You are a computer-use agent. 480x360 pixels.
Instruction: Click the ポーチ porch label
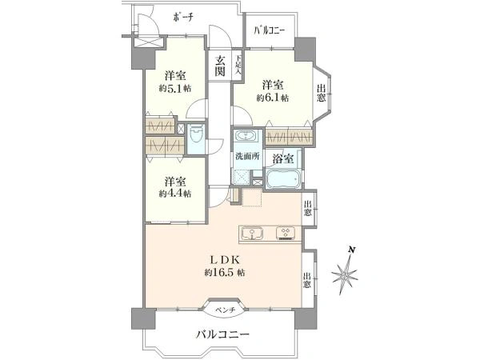(x=183, y=17)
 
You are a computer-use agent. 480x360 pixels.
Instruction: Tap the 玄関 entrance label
(x=219, y=66)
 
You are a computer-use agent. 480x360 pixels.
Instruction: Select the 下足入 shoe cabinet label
(x=238, y=66)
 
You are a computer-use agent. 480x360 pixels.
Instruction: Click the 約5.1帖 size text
(x=175, y=89)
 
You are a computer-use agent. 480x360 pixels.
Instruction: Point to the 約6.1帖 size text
(x=272, y=98)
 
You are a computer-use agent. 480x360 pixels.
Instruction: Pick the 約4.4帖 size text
(x=175, y=194)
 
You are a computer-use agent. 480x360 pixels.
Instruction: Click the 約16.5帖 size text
(x=225, y=272)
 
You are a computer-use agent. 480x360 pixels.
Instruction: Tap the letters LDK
(x=224, y=260)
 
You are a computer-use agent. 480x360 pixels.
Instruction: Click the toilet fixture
(x=196, y=136)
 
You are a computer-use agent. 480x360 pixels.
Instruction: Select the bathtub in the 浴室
(x=283, y=179)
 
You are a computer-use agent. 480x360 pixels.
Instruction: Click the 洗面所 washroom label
(x=247, y=157)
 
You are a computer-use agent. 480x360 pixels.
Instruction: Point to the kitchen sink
(x=252, y=234)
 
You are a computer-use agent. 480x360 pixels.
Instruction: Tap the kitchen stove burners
(x=285, y=233)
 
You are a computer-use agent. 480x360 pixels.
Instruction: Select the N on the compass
(x=352, y=250)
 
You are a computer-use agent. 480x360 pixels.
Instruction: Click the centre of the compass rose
(x=345, y=274)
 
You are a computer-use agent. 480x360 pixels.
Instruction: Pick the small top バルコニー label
(x=270, y=30)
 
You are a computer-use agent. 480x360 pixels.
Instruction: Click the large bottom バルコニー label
(x=223, y=334)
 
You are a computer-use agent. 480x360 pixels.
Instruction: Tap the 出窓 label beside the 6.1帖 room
(x=321, y=94)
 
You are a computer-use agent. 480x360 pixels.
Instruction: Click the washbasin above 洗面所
(x=246, y=136)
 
